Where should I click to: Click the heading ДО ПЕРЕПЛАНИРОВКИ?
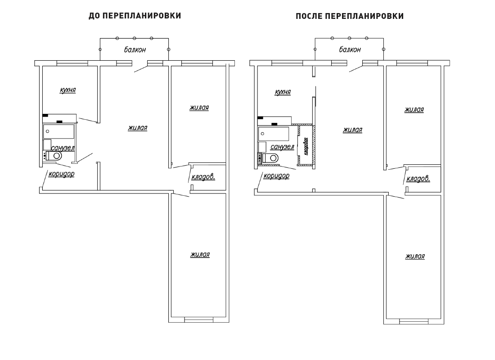[135, 16]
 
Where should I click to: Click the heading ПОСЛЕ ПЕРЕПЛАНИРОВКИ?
[350, 16]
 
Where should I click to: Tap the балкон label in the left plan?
[135, 49]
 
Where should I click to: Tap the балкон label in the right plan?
[350, 49]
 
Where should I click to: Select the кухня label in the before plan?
[68, 90]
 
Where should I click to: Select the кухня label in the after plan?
[283, 92]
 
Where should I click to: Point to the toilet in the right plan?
[270, 157]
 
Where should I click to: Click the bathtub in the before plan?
[58, 131]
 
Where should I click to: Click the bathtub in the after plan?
[274, 134]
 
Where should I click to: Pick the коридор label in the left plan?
[61, 174]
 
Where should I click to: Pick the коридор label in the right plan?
[276, 175]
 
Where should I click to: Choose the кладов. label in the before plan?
[203, 177]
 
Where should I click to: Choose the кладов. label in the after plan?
[418, 179]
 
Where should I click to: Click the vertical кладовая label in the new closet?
[306, 146]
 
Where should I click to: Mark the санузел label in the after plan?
[282, 147]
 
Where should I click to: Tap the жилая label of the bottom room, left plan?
[200, 255]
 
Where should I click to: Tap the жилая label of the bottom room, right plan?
[415, 256]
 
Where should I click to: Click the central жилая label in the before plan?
[138, 128]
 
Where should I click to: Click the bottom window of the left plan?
[199, 320]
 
